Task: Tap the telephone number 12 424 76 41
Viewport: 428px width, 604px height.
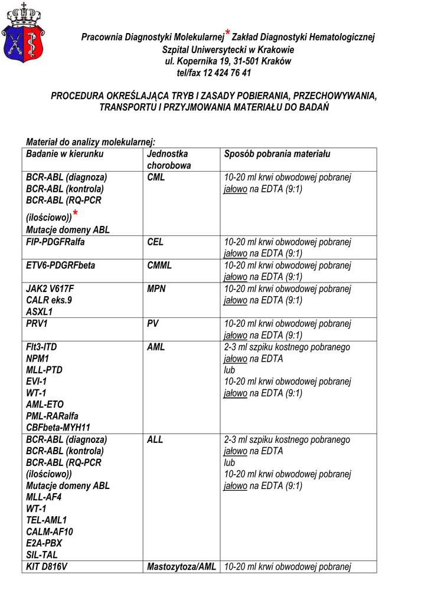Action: (x=227, y=73)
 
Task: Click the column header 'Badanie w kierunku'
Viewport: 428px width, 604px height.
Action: (x=65, y=154)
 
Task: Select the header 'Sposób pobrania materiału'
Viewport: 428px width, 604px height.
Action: (x=277, y=154)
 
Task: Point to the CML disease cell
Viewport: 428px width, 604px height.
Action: (x=156, y=177)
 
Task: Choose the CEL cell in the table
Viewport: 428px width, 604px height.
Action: (x=155, y=242)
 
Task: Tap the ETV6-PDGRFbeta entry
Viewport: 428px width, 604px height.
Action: (x=60, y=265)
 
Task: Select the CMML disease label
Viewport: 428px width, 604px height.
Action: (x=159, y=265)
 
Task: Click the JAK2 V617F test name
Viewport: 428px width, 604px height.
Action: (x=50, y=289)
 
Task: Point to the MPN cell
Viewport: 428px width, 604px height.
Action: (x=156, y=289)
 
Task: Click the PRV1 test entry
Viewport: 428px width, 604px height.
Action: (x=37, y=324)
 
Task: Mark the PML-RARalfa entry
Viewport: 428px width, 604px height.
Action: (x=52, y=416)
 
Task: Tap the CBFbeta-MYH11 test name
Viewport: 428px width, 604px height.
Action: (x=58, y=428)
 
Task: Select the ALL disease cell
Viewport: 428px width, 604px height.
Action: (x=155, y=439)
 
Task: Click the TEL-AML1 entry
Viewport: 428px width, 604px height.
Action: (x=47, y=520)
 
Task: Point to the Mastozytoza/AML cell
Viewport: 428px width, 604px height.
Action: (x=182, y=567)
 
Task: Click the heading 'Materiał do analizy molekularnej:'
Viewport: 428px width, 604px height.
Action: (x=90, y=142)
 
